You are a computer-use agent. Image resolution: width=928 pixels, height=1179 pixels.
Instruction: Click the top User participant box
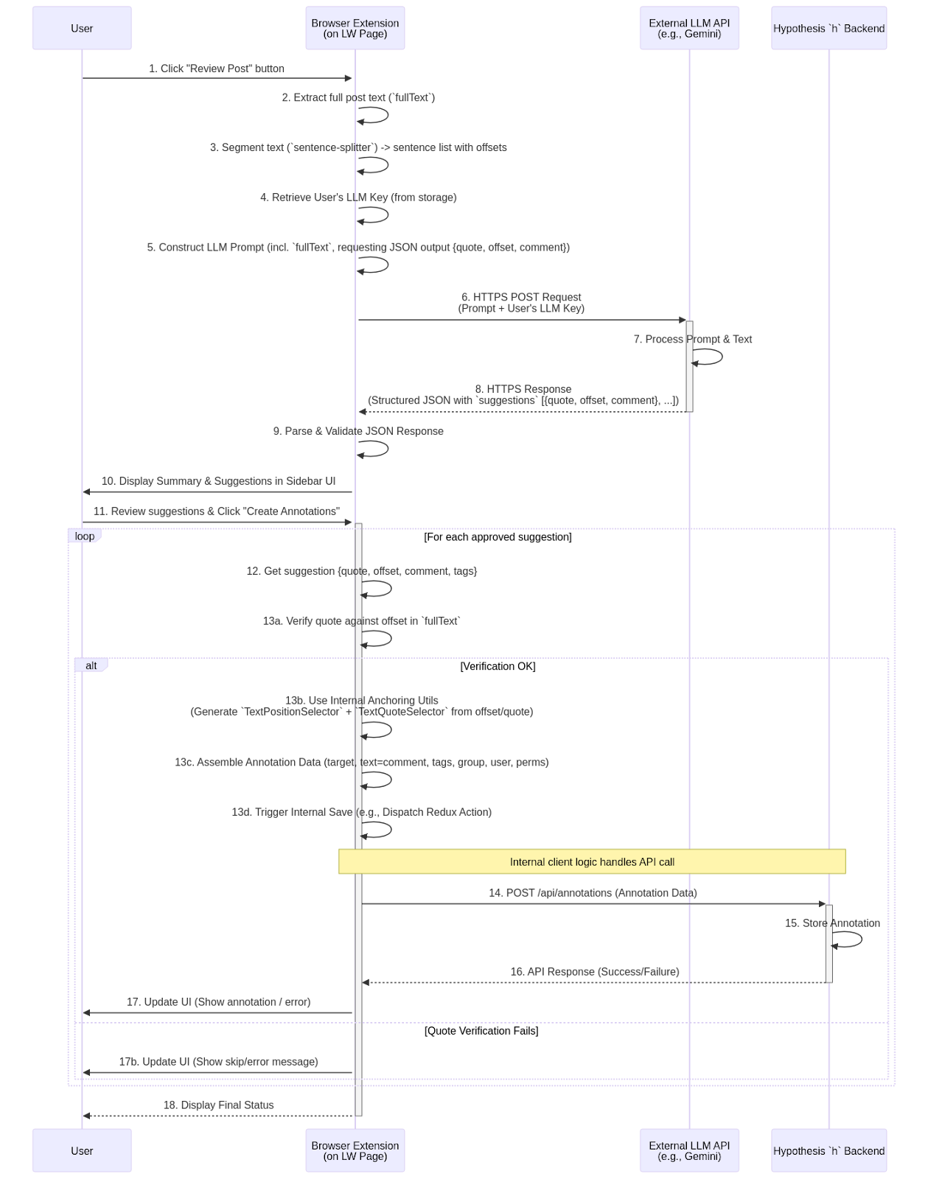(x=82, y=28)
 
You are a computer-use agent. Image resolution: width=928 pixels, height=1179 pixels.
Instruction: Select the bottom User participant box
(x=82, y=1150)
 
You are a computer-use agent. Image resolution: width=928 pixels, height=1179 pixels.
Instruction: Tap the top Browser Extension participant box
(x=355, y=28)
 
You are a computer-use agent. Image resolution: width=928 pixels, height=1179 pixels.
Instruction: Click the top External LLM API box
(x=689, y=28)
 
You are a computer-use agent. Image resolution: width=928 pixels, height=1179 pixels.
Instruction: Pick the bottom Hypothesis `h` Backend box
(x=828, y=1150)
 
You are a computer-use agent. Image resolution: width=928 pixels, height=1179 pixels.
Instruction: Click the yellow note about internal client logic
(x=592, y=861)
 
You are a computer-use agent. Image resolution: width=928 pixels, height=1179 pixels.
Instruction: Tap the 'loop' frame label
(x=85, y=536)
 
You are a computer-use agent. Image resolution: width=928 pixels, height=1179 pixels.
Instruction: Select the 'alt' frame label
(x=91, y=665)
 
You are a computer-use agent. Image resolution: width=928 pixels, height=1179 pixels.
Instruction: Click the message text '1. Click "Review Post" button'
(x=217, y=69)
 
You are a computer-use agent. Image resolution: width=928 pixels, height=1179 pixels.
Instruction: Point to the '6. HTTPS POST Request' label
(x=522, y=298)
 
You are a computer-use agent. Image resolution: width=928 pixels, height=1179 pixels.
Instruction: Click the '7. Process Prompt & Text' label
(x=693, y=339)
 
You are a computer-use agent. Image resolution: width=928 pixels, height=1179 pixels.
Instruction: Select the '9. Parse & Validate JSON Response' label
(x=358, y=431)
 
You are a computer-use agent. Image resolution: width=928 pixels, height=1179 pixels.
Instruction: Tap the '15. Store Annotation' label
(x=832, y=923)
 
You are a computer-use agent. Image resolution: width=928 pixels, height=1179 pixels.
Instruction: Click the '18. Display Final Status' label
(x=218, y=1105)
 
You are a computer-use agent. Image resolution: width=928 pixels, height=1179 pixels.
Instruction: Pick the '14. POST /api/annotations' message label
(x=593, y=892)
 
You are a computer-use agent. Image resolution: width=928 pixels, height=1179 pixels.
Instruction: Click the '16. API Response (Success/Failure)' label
(x=595, y=971)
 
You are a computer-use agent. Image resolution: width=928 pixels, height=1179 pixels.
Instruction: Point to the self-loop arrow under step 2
(x=374, y=115)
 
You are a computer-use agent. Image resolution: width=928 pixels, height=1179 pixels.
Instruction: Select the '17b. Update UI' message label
(x=218, y=1062)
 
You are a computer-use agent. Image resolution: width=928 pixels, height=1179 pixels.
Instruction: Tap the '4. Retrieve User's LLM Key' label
(x=358, y=197)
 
